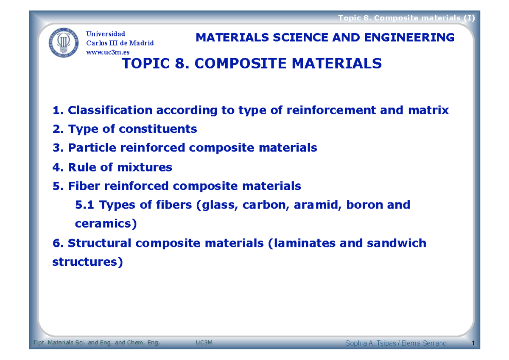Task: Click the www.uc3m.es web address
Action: coord(108,52)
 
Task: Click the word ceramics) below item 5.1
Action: coord(106,224)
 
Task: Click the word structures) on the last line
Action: coord(87,262)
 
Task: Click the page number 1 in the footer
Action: coord(472,343)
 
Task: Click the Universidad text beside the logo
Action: coord(106,34)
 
